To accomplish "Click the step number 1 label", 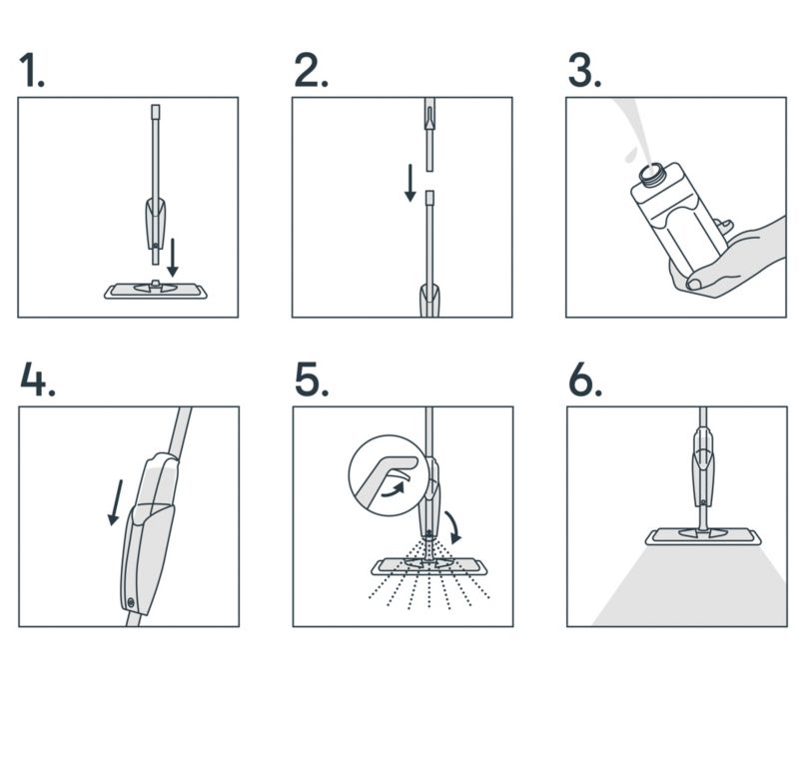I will (x=32, y=71).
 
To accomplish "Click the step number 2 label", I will (x=311, y=71).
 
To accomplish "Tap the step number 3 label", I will (x=584, y=71).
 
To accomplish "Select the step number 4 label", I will (x=37, y=380).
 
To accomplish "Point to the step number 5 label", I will (x=311, y=380).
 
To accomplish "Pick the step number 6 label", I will (x=585, y=380).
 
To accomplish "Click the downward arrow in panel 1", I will (x=172, y=258).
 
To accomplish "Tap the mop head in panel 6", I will (x=703, y=536).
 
